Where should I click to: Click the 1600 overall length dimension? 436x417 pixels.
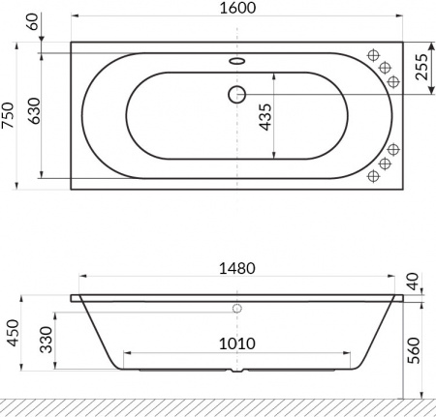(236, 11)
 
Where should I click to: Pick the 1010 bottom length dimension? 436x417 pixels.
(236, 343)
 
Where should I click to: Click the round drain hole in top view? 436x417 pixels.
(235, 94)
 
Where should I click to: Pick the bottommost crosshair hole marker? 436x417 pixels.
(372, 176)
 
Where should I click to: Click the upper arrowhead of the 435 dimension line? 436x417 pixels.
(275, 75)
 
